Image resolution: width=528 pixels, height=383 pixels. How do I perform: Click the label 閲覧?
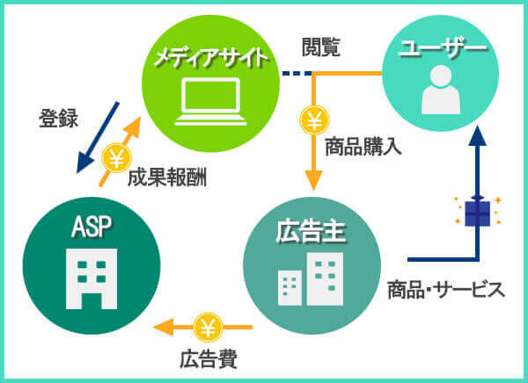click(x=319, y=48)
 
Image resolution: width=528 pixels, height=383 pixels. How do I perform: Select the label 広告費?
click(x=209, y=360)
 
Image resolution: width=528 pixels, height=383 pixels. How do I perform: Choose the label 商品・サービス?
click(x=446, y=289)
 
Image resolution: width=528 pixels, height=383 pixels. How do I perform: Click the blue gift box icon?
click(x=477, y=212)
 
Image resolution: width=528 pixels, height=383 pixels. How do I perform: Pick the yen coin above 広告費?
click(x=209, y=328)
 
